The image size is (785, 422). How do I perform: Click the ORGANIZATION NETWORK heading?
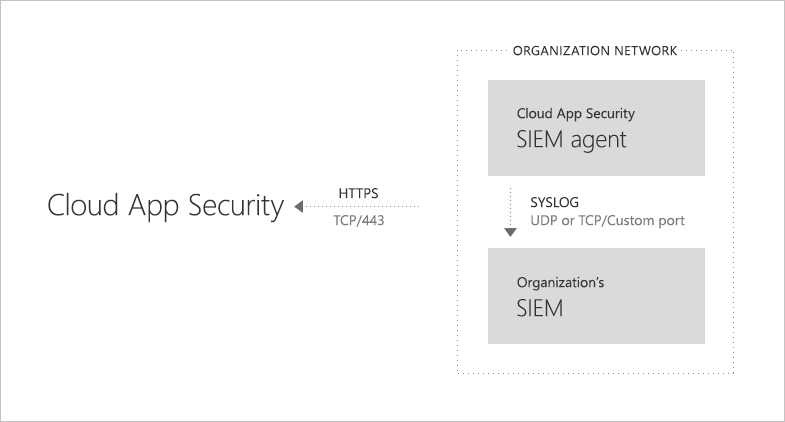(x=594, y=50)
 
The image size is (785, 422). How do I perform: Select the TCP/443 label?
(x=358, y=221)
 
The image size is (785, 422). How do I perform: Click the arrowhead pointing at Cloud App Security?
(x=296, y=207)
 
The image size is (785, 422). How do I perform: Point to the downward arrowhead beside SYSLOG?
(x=510, y=232)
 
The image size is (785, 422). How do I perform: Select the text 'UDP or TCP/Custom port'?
(x=607, y=221)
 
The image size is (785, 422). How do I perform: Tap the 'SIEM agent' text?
(x=571, y=139)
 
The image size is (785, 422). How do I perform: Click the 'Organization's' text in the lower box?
(x=560, y=283)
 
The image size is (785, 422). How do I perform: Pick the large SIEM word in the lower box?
(x=540, y=309)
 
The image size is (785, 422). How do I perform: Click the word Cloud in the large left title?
(x=83, y=206)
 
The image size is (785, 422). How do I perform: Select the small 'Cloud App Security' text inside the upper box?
(x=575, y=114)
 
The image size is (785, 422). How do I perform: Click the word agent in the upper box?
(x=598, y=140)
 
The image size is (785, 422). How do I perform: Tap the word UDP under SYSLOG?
(x=543, y=221)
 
